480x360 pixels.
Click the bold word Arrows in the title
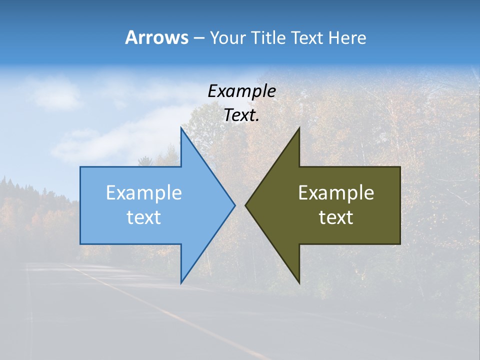(x=156, y=37)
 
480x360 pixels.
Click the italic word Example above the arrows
(x=241, y=91)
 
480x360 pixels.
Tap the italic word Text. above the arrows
(x=241, y=115)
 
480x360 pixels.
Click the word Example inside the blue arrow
(x=144, y=192)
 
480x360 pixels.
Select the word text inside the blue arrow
(x=144, y=217)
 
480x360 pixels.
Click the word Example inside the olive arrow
(x=336, y=192)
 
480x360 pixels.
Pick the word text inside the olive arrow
(x=336, y=217)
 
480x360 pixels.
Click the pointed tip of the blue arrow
(x=235, y=205)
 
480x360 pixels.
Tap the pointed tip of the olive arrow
(x=245, y=205)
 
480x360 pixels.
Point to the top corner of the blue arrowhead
(x=181, y=128)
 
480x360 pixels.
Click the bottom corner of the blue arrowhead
(x=181, y=282)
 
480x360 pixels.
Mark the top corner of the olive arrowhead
(x=299, y=128)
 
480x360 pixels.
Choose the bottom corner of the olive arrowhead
(x=299, y=282)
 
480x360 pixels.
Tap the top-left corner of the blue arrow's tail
(x=80, y=167)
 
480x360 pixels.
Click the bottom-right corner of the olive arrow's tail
(x=400, y=243)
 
